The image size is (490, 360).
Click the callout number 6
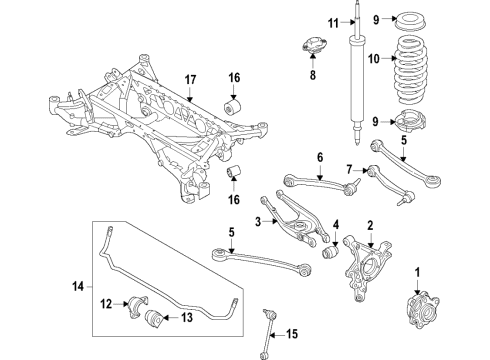point(320,157)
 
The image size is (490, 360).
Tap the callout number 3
point(257,221)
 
